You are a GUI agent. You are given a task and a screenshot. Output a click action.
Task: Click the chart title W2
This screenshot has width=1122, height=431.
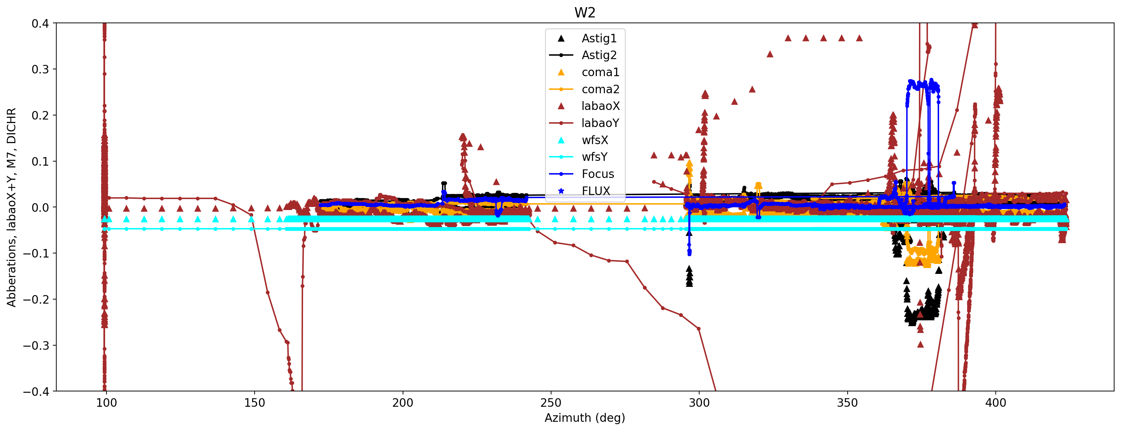pyautogui.click(x=585, y=12)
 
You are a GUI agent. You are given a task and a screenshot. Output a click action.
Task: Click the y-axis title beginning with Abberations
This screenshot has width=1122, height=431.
pyautogui.click(x=11, y=207)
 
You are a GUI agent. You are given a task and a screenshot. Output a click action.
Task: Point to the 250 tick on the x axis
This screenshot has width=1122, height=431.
pyautogui.click(x=551, y=402)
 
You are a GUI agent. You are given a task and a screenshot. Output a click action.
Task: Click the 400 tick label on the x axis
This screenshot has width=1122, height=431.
pyautogui.click(x=996, y=402)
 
